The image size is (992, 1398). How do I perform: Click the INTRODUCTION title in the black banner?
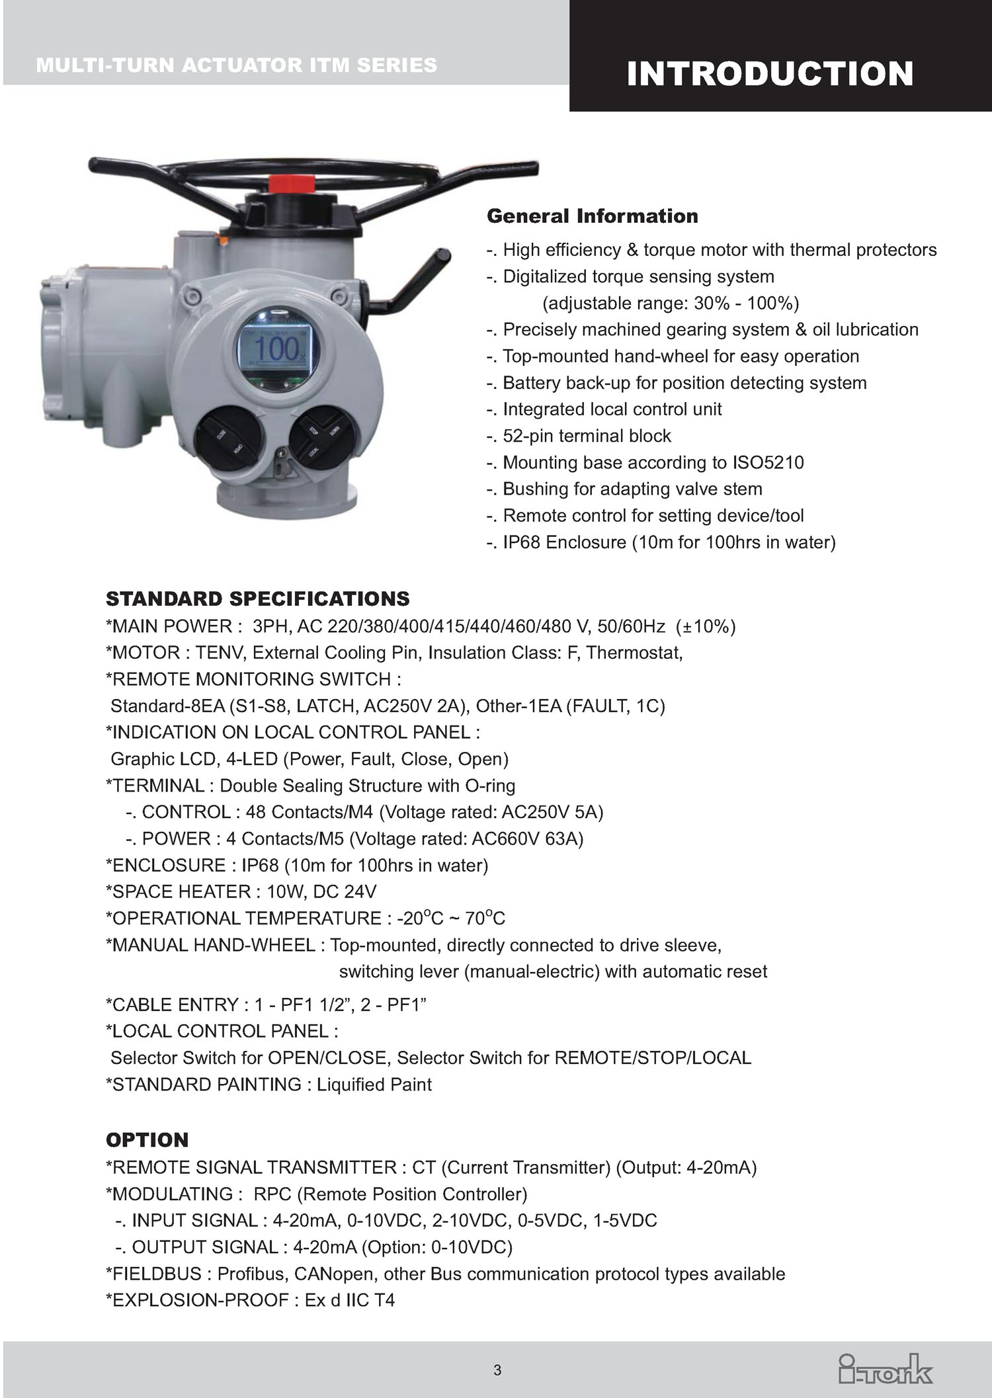(x=770, y=73)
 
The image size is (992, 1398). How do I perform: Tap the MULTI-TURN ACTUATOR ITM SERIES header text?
(x=237, y=65)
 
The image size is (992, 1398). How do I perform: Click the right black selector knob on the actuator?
(x=321, y=436)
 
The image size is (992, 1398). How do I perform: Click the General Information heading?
(x=593, y=216)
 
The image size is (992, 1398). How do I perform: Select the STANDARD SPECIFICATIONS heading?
(x=258, y=599)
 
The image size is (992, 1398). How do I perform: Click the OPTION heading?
(x=147, y=1139)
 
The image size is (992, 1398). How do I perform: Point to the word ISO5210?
(x=768, y=462)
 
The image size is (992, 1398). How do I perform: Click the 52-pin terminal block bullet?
(x=587, y=436)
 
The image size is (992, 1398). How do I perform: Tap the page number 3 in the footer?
(x=497, y=1370)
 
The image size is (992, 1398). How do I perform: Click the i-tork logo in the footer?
(x=886, y=1369)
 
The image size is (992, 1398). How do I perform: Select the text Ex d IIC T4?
(x=350, y=1299)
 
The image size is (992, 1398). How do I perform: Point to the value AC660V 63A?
(x=528, y=839)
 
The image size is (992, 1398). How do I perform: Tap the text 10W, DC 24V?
(x=321, y=891)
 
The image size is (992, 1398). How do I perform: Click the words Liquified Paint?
(x=374, y=1084)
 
